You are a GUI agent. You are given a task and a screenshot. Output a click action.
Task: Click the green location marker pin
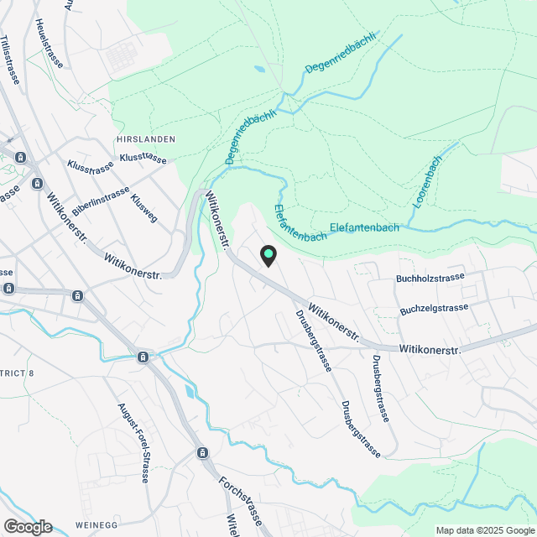tap(268, 255)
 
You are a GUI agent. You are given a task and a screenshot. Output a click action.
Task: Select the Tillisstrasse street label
tap(10, 60)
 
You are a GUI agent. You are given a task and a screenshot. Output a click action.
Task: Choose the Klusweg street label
tap(144, 209)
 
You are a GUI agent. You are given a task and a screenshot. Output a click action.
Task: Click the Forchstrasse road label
tap(242, 498)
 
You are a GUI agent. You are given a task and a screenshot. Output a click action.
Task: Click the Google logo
tap(27, 526)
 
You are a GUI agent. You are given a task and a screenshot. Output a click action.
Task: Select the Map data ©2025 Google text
tap(484, 530)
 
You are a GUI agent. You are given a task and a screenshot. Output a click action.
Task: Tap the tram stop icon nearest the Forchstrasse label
tap(202, 453)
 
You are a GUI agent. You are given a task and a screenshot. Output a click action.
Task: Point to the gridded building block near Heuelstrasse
tap(123, 55)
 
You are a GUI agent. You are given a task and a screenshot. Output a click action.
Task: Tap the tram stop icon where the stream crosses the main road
tap(143, 357)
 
